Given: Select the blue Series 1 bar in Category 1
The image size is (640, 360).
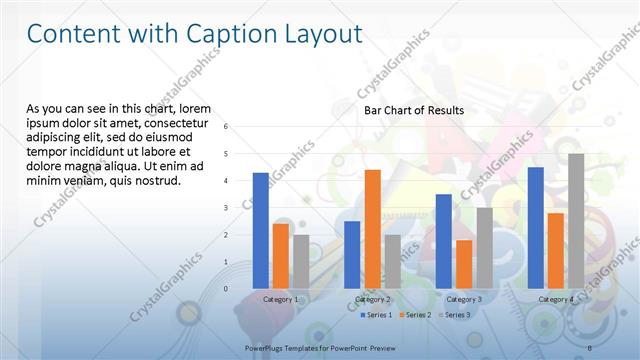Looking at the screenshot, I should click(261, 230).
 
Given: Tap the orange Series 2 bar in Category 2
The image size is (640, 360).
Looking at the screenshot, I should click(372, 228).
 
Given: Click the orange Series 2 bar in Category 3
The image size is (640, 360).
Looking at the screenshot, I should click(464, 263).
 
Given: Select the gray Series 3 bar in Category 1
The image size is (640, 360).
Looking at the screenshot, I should click(301, 261).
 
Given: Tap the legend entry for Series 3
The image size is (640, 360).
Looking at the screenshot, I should click(453, 314).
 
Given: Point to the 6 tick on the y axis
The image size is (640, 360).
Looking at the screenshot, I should click(227, 127).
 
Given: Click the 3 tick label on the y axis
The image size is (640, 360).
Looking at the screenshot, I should click(227, 208).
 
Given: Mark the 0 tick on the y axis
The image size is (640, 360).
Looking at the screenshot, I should click(227, 289).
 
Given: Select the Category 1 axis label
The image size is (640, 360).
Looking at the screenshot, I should click(280, 299).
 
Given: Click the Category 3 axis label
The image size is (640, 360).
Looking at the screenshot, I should click(464, 299).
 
